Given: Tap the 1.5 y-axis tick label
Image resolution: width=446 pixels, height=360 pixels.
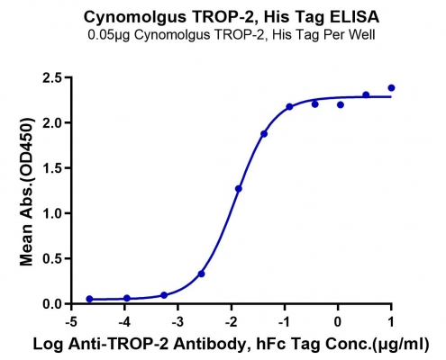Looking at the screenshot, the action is pyautogui.click(x=52, y=168).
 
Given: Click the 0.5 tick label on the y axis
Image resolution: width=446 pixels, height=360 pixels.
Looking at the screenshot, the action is pyautogui.click(x=52, y=258).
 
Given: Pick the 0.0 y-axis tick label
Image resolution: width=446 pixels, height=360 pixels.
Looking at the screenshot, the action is pyautogui.click(x=52, y=303).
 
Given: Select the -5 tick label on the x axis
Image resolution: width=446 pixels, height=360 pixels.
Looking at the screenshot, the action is pyautogui.click(x=71, y=322).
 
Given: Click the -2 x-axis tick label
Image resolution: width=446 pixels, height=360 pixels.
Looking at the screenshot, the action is pyautogui.click(x=232, y=322).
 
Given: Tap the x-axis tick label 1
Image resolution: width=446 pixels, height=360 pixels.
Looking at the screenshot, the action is pyautogui.click(x=391, y=322).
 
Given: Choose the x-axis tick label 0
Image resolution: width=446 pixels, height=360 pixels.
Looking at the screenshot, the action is pyautogui.click(x=338, y=322).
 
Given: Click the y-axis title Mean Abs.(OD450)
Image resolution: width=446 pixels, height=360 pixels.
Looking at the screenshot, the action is pyautogui.click(x=26, y=192).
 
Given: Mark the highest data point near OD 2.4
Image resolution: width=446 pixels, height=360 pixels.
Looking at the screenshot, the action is pyautogui.click(x=391, y=88).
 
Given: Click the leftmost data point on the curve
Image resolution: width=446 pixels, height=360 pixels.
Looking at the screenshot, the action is pyautogui.click(x=89, y=299).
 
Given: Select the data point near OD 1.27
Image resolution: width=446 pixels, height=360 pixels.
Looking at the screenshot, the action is pyautogui.click(x=239, y=189).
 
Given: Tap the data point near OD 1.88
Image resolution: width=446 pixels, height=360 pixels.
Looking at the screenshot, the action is pyautogui.click(x=264, y=134).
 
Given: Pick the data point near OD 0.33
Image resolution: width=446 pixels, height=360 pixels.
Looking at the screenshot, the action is pyautogui.click(x=202, y=274).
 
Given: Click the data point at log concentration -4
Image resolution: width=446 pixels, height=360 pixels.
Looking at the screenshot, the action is pyautogui.click(x=127, y=298).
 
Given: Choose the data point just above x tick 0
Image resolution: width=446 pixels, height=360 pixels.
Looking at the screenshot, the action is pyautogui.click(x=341, y=104).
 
